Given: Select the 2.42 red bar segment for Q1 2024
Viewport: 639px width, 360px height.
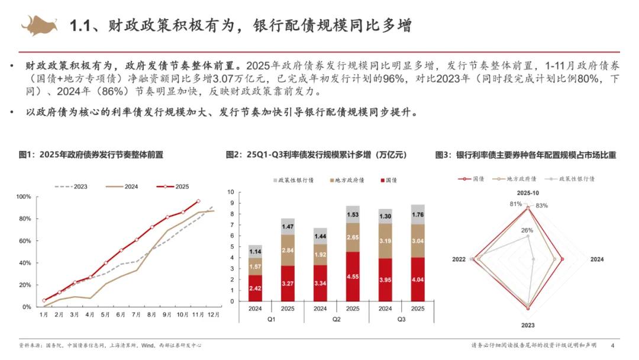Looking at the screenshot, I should tap(255, 288).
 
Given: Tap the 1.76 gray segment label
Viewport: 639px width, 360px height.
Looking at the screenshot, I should tap(417, 214).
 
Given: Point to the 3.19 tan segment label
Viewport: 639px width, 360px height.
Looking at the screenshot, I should tap(385, 242).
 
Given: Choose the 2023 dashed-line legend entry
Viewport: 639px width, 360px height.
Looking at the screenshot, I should tap(72, 186).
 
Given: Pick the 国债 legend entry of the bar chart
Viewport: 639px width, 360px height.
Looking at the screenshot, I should tap(388, 179).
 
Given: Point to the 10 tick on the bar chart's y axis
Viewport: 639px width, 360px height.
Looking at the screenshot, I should tap(231, 192).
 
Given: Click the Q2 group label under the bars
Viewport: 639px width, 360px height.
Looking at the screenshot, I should tap(336, 320).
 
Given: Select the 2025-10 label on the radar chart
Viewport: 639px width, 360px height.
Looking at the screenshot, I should tap(528, 193).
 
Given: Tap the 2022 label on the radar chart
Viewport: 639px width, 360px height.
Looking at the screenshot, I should tap(459, 259).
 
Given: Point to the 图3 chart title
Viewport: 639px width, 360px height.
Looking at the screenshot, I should tap(525, 155).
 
